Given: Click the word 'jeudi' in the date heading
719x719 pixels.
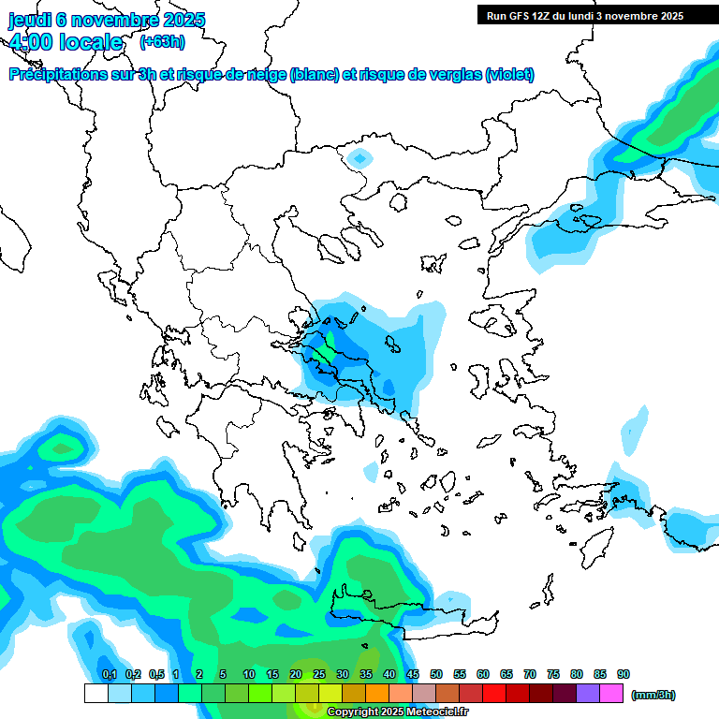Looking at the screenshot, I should [30, 20].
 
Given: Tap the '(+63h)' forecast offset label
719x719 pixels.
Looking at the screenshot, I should [162, 41].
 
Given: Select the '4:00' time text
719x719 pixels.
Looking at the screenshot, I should [31, 42].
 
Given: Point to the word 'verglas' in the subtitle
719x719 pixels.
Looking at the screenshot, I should [450, 75].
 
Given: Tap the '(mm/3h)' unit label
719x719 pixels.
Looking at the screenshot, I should [653, 695].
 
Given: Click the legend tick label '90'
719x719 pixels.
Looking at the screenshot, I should [624, 674].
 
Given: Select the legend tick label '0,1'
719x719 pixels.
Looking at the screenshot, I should [109, 674].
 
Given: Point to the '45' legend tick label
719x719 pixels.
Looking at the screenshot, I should [413, 674].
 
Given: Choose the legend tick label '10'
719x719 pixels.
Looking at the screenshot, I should [249, 674].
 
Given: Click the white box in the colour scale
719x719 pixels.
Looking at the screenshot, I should [95, 693].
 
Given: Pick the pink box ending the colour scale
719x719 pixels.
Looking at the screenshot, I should [611, 693].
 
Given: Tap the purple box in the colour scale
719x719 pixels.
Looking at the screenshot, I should [588, 693].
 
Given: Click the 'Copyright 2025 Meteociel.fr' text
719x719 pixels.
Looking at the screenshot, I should [397, 712].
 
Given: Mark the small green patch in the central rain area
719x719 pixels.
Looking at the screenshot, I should [324, 353].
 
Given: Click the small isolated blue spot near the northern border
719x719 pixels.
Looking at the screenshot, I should [359, 156].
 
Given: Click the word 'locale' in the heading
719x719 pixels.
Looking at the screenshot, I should [91, 42].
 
